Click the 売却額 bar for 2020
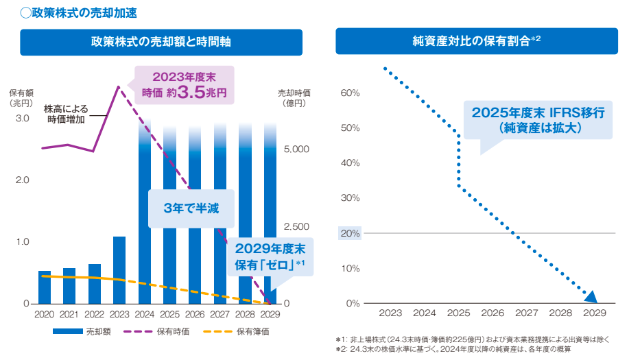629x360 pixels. point(45,287)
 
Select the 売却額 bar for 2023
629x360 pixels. point(119,270)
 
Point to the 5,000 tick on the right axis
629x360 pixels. point(297,149)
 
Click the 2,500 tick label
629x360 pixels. point(297,226)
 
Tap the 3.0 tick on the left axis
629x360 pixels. point(22,119)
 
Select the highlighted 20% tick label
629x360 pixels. point(350,233)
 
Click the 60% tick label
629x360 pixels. point(350,93)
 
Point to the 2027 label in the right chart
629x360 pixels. point(527,313)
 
